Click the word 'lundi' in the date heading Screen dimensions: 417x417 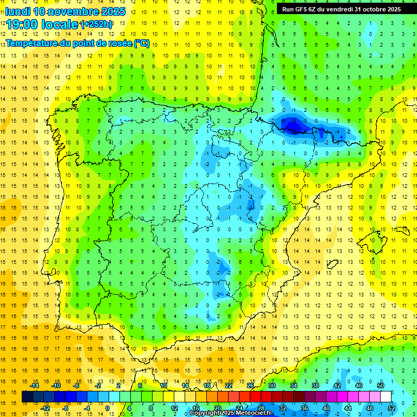tap(17, 11)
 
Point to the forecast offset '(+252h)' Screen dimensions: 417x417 tap(97, 24)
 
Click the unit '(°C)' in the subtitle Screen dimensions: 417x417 tap(141, 43)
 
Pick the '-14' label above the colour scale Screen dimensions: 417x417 tap(34, 386)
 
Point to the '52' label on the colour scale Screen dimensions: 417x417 tap(391, 408)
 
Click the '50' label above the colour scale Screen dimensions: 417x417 tap(381, 386)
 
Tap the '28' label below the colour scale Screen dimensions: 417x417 tap(261, 408)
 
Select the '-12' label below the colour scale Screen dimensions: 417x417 tap(45, 408)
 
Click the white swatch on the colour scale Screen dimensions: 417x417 tap(386, 397)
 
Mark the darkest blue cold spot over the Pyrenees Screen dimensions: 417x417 tap(294, 126)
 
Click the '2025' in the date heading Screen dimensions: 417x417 tap(112, 11)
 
